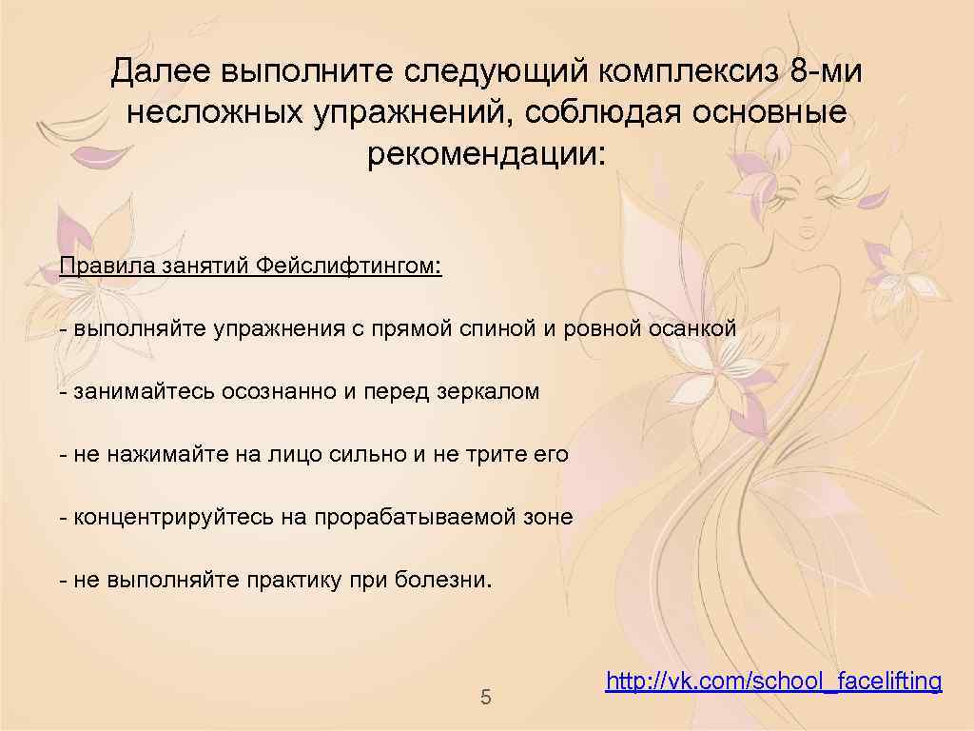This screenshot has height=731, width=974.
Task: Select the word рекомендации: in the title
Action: coord(486,153)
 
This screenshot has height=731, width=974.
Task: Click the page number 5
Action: coord(486,698)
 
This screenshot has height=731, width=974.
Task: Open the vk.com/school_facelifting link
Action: coord(773,681)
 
